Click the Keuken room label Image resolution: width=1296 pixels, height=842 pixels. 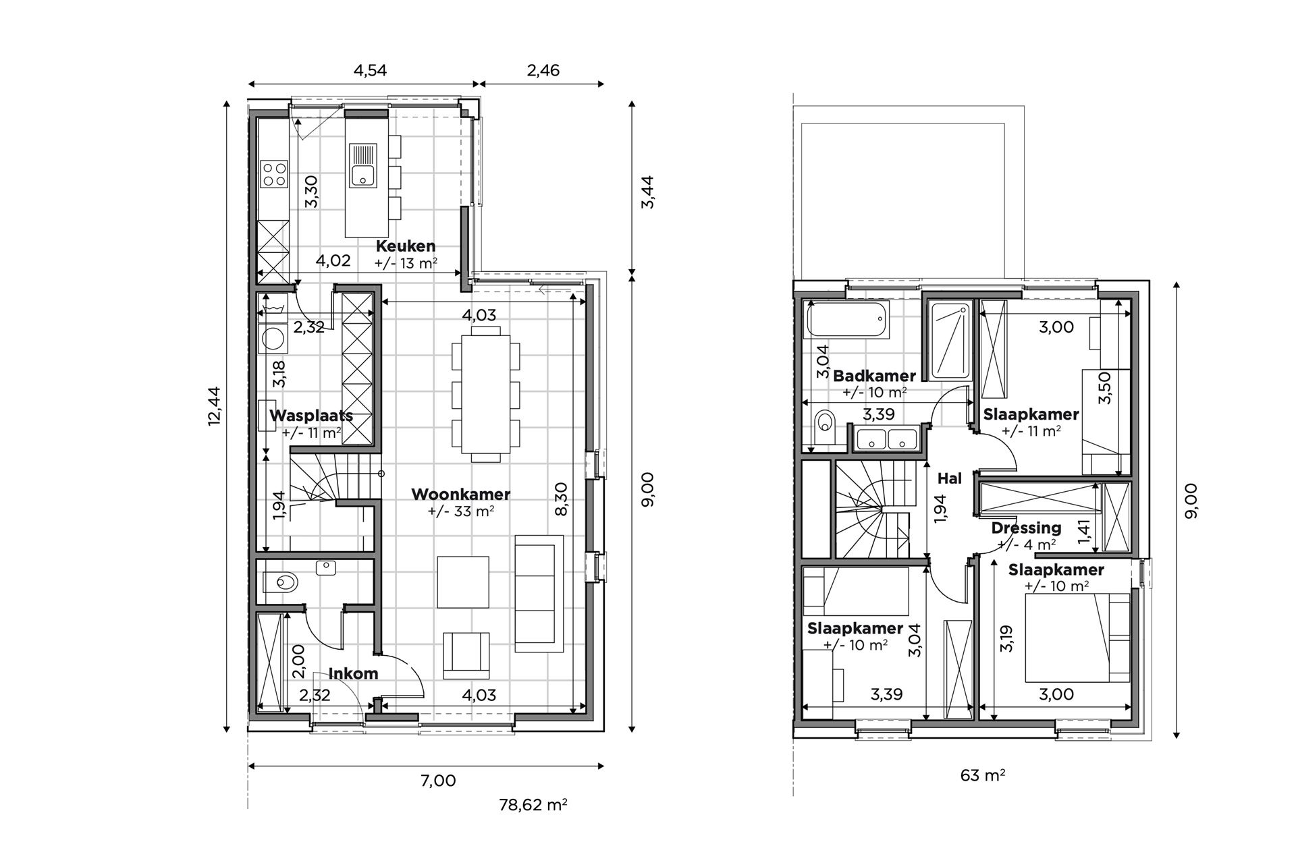click(x=406, y=246)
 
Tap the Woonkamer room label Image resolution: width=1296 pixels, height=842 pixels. click(x=460, y=495)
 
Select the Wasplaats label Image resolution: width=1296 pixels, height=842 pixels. click(x=311, y=416)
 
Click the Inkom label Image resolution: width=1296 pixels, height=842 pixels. click(x=353, y=673)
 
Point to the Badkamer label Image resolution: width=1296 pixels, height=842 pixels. click(x=874, y=376)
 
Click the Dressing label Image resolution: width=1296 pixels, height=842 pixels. click(x=1026, y=528)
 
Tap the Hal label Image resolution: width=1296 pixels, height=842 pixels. click(x=949, y=478)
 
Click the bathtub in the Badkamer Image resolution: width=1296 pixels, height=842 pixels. click(x=848, y=321)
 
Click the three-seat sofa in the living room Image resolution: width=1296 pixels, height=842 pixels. click(x=539, y=594)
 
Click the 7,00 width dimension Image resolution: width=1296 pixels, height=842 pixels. click(x=438, y=781)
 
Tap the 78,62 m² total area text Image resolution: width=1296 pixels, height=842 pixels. click(x=533, y=805)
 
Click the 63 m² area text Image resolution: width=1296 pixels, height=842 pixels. click(x=982, y=775)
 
